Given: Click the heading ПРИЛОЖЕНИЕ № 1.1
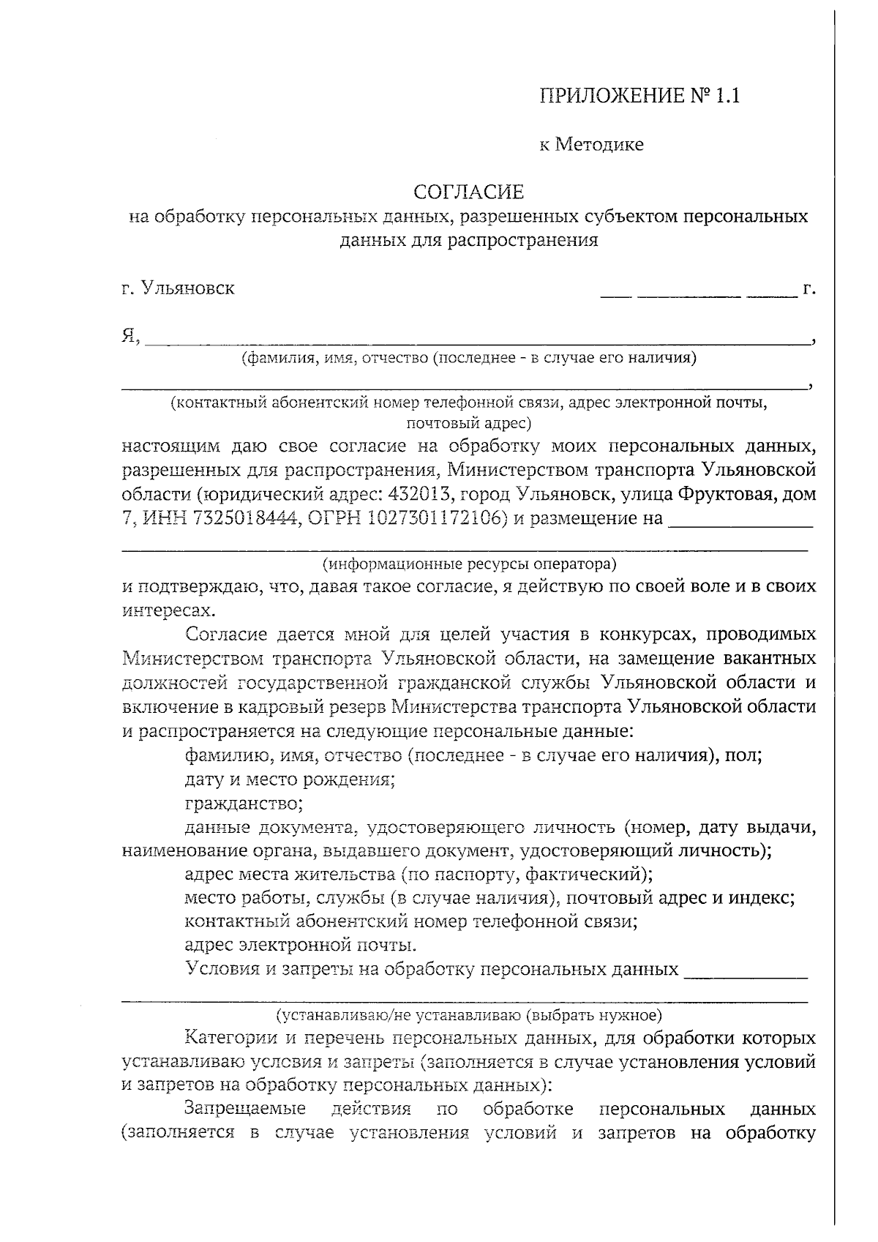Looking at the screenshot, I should pyautogui.click(x=639, y=96).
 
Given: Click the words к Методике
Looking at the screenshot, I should pyautogui.click(x=591, y=144).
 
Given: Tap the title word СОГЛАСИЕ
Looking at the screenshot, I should pyautogui.click(x=469, y=192).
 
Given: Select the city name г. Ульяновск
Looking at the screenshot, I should pyautogui.click(x=178, y=288).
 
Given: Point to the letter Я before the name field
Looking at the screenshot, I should pyautogui.click(x=130, y=336).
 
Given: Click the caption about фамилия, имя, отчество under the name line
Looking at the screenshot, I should pyautogui.click(x=469, y=359).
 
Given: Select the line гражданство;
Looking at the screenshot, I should pyautogui.click(x=244, y=804).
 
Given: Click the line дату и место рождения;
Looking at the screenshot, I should pyautogui.click(x=290, y=779).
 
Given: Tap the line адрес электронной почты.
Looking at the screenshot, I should pyautogui.click(x=301, y=944).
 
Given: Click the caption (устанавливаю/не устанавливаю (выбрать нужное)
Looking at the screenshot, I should pyautogui.click(x=469, y=1015).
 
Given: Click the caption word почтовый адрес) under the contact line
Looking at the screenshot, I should pyautogui.click(x=469, y=423).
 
